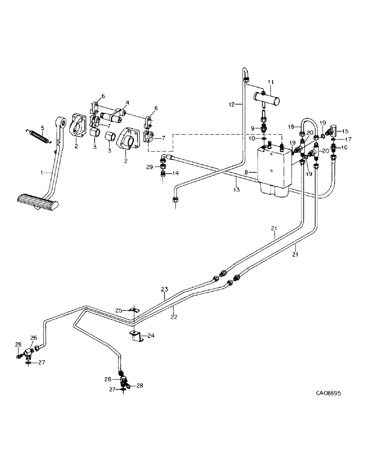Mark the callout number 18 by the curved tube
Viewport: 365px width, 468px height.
(290, 127)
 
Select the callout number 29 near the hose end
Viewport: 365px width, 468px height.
(149, 167)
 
